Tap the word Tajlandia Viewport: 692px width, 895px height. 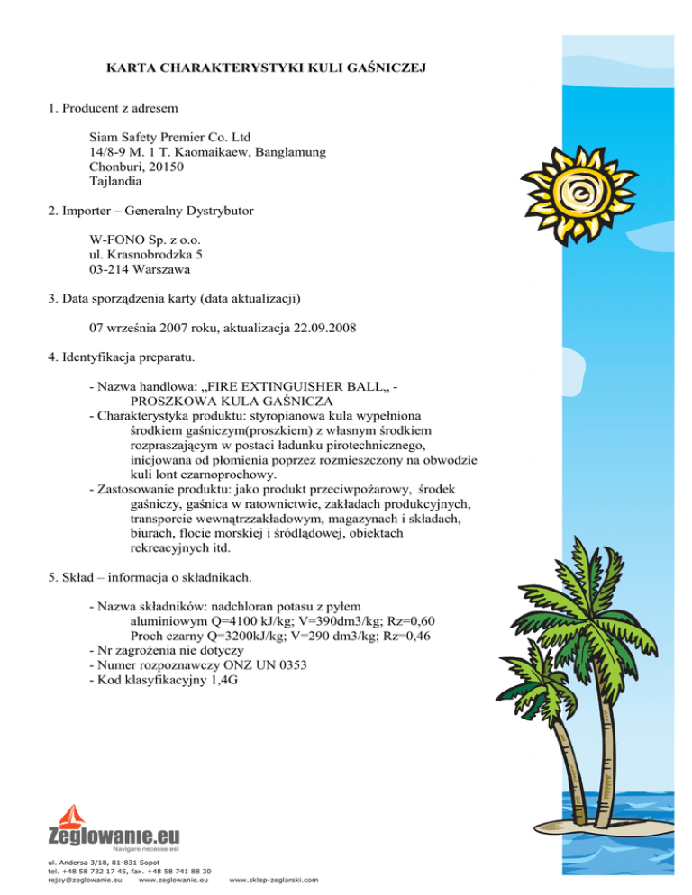[x=119, y=182]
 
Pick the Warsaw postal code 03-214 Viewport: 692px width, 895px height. [x=114, y=269]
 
